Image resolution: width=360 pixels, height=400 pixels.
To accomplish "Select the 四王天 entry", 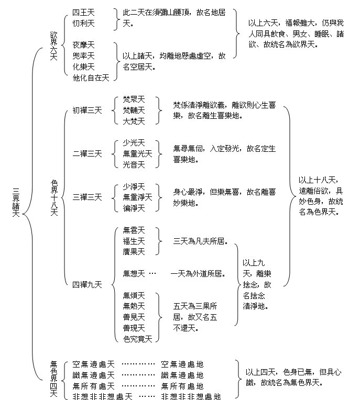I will tap(83, 12).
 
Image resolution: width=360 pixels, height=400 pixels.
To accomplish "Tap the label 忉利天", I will tap(83, 24).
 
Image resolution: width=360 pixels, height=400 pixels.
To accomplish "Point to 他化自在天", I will tap(91, 78).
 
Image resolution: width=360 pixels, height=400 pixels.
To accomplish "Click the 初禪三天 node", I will tap(88, 110).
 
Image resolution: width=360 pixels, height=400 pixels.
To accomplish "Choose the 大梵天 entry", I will tap(134, 121).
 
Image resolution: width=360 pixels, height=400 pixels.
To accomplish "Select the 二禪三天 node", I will tap(88, 154).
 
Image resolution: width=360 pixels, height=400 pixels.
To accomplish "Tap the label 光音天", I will tap(134, 165).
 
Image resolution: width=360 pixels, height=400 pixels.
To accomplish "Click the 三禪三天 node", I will tap(88, 197).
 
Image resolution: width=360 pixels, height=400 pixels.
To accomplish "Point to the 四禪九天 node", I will tap(88, 285).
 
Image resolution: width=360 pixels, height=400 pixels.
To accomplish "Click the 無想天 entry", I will tap(134, 273).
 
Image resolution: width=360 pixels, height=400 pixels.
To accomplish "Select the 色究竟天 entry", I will tap(137, 339).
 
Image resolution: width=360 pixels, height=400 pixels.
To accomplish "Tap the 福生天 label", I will tap(134, 241).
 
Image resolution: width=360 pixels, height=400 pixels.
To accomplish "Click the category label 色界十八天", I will tap(54, 198).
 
